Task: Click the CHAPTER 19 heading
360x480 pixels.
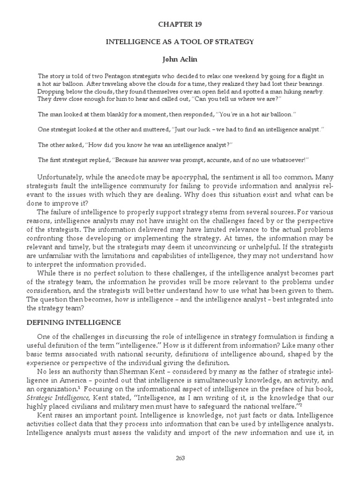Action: pyautogui.click(x=180, y=23)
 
